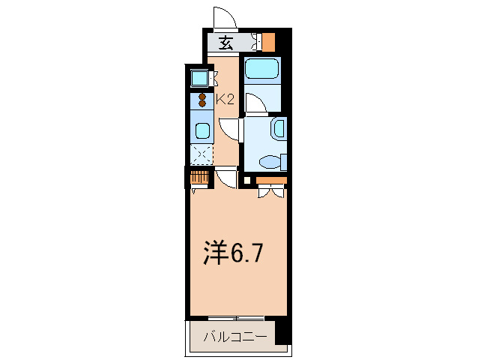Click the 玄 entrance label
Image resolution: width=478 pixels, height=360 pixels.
[226, 43]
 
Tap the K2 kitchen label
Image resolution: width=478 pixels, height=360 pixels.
[226, 97]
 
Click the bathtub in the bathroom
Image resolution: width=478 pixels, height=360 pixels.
[262, 70]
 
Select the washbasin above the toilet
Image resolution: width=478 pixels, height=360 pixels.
[278, 129]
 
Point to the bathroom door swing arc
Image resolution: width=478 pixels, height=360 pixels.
[255, 103]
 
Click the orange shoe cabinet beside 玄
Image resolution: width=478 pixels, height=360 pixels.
[268, 42]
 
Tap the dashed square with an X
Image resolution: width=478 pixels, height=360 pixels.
[201, 154]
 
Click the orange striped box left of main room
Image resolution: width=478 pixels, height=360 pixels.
[199, 178]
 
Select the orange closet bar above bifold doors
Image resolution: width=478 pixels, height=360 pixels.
[271, 180]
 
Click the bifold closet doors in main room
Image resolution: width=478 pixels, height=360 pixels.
[270, 192]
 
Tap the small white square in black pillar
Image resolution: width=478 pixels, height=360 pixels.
[248, 180]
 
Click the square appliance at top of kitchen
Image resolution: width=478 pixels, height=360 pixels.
[199, 77]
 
